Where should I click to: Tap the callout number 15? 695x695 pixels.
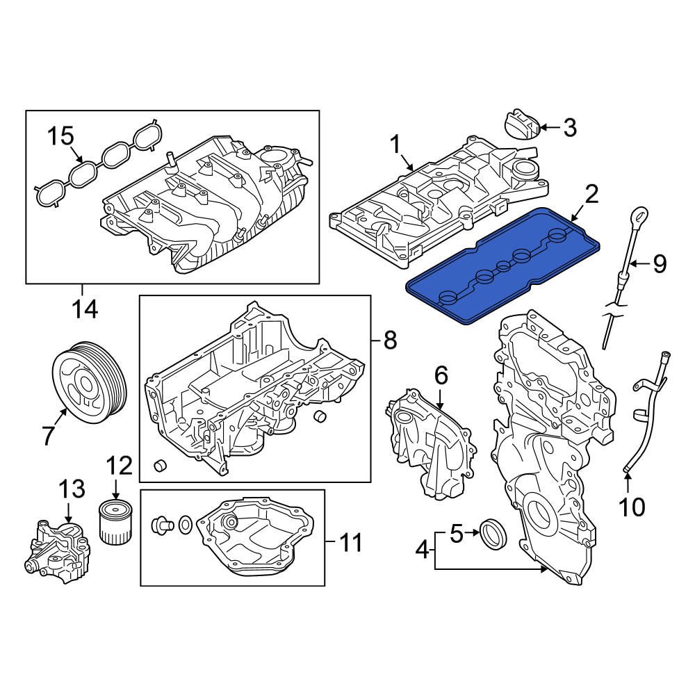click(x=60, y=136)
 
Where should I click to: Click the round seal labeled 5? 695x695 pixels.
click(x=494, y=534)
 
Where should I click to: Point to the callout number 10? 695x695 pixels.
click(x=632, y=507)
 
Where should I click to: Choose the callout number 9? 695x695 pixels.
click(x=658, y=263)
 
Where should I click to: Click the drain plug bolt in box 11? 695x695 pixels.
click(x=162, y=525)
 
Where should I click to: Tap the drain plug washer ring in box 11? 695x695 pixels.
click(x=186, y=525)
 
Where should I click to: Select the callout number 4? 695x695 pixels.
click(x=422, y=552)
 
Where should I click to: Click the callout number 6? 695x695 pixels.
click(x=441, y=376)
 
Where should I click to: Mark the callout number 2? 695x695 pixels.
click(x=591, y=195)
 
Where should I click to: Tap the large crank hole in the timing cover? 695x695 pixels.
click(x=540, y=514)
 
